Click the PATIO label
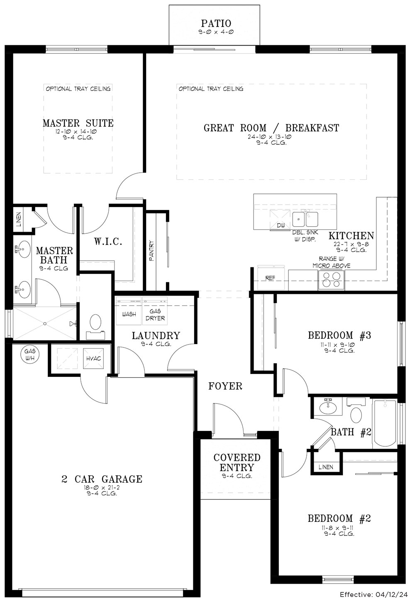[x=216, y=24]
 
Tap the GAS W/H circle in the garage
[x=30, y=355]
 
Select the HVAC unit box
[x=93, y=358]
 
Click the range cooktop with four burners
[x=332, y=280]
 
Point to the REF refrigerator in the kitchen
[x=271, y=278]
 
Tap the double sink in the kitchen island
[x=305, y=219]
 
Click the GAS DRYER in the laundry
[x=155, y=311]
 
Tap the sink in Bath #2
[x=328, y=407]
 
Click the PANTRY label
[x=152, y=251]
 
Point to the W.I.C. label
[x=108, y=241]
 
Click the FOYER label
[x=225, y=386]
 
